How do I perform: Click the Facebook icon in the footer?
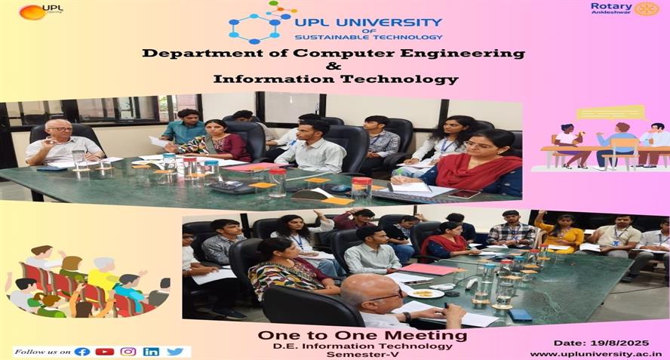click(82, 352)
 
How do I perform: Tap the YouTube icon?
click(105, 352)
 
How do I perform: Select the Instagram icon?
click(128, 352)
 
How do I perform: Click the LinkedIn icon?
click(151, 352)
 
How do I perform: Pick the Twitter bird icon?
click(175, 352)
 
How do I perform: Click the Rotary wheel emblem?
click(647, 8)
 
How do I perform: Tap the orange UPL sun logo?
click(32, 12)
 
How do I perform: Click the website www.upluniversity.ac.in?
click(596, 354)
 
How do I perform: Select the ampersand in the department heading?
click(333, 66)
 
